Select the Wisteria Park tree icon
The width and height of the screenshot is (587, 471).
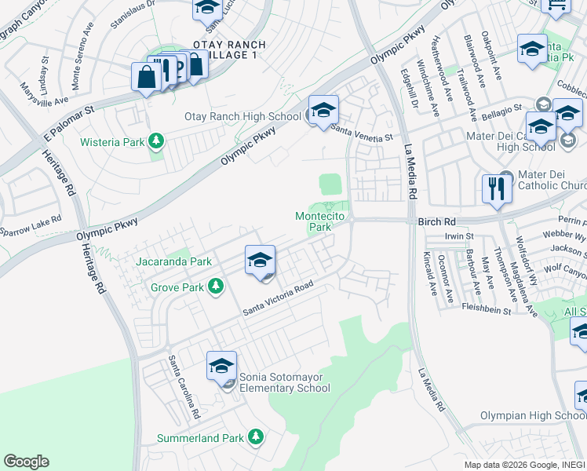157,141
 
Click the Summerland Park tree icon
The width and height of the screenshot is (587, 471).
255,436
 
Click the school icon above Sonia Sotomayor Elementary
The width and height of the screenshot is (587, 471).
221,366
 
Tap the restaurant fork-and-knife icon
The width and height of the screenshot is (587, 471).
497,189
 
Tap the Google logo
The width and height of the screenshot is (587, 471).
26,462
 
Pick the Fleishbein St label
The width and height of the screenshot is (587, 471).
486,311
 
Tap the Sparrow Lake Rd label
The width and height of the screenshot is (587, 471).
30,227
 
